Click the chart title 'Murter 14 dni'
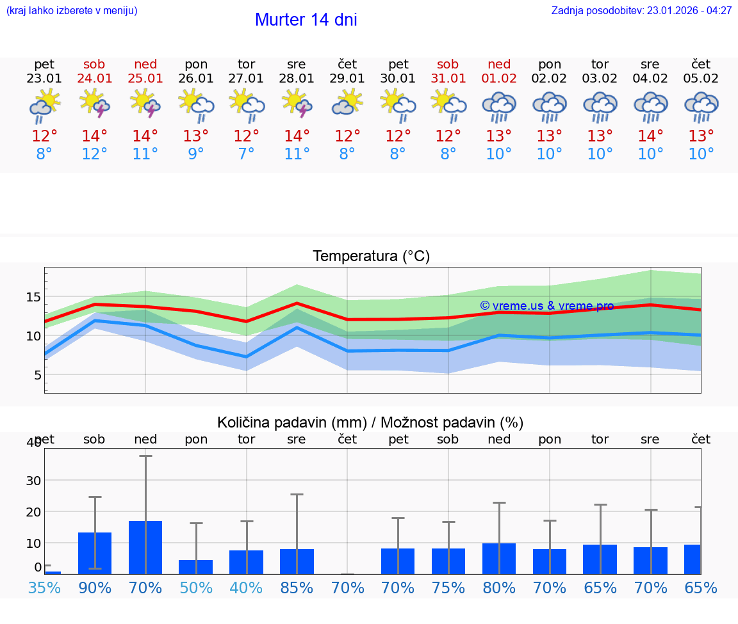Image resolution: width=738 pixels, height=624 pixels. click(x=306, y=20)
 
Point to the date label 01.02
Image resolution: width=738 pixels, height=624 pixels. click(x=499, y=79)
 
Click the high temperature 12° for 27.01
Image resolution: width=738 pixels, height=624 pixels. click(x=246, y=136)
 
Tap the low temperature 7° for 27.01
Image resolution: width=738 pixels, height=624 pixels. click(x=246, y=154)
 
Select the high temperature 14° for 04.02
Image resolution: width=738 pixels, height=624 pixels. click(x=650, y=136)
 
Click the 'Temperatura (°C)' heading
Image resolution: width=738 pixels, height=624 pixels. click(x=371, y=257)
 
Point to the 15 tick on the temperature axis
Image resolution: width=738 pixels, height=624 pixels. click(x=33, y=297)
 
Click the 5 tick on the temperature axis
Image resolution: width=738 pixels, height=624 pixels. click(x=37, y=375)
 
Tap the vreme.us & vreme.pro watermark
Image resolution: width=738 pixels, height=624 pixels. click(x=546, y=306)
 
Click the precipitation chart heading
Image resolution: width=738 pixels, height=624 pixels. click(x=370, y=422)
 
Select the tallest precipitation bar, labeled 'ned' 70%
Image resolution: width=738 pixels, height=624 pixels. click(x=145, y=547)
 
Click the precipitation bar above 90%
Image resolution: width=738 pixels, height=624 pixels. click(x=95, y=553)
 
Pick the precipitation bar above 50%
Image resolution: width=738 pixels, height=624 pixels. click(x=196, y=567)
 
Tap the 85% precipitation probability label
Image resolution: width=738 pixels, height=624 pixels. click(x=297, y=588)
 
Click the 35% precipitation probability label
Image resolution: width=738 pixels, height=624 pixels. click(x=44, y=588)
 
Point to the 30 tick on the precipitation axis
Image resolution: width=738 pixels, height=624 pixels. click(x=33, y=481)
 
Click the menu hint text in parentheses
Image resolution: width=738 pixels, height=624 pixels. click(x=71, y=11)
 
